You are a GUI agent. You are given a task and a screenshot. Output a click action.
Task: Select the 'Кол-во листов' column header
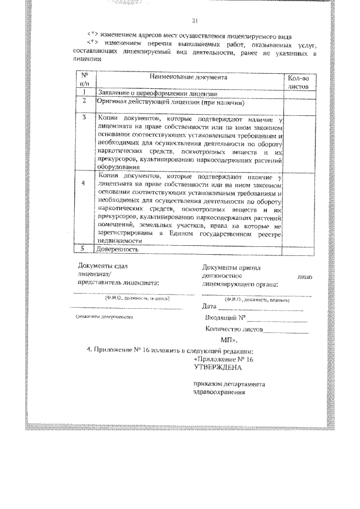(298, 82)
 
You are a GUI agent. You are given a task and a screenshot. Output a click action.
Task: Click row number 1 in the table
(84, 92)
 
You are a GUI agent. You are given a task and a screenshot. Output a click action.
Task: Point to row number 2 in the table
(84, 102)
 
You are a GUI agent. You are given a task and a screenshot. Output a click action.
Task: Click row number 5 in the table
(84, 248)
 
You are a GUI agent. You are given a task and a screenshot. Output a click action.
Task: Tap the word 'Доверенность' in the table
(118, 249)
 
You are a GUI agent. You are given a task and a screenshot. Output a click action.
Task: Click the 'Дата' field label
(209, 307)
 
